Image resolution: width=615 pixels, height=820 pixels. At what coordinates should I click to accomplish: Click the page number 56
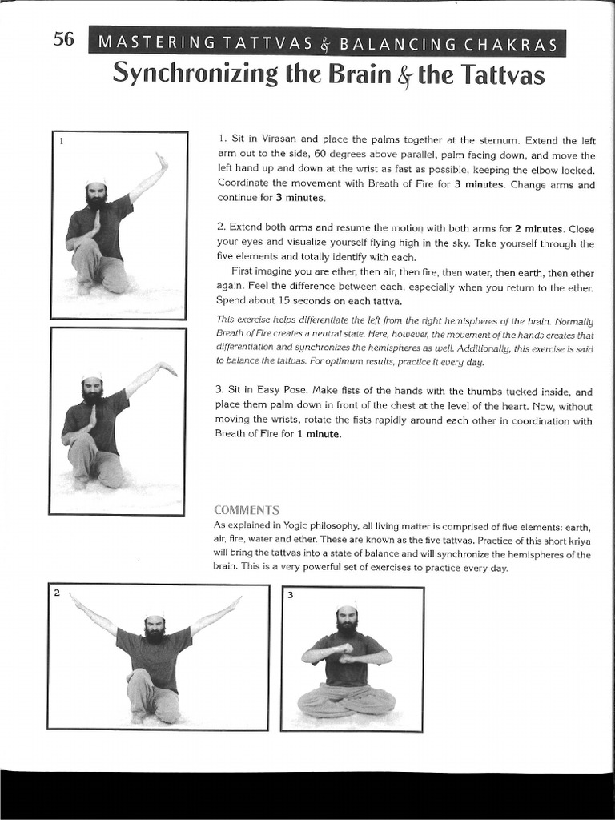[63, 39]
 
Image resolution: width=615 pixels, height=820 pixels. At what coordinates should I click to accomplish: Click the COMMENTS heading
[246, 510]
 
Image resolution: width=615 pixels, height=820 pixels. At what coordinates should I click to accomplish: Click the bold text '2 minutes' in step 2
[538, 228]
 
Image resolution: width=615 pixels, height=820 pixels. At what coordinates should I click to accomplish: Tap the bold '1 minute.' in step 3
[320, 434]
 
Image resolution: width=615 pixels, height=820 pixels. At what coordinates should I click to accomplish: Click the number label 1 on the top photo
[61, 142]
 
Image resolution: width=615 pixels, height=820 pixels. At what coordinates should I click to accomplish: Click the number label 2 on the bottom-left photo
[57, 593]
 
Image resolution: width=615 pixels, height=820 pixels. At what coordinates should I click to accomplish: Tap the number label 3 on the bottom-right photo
[291, 596]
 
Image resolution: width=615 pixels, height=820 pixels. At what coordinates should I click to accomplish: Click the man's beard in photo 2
[154, 634]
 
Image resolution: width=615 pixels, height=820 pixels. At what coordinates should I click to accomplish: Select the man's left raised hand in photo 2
[233, 601]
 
